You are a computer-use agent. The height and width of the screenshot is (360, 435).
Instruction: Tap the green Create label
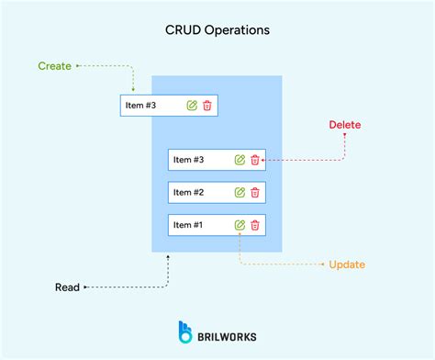(x=54, y=66)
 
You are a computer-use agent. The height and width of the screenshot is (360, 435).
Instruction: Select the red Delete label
(x=345, y=125)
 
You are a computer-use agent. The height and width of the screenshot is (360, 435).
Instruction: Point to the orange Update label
(x=347, y=264)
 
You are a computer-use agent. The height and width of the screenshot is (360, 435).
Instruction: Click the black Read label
(x=67, y=287)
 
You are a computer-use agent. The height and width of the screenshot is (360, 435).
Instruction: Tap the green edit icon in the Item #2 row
(x=240, y=193)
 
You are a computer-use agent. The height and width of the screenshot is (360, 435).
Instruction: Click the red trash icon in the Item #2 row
(x=255, y=193)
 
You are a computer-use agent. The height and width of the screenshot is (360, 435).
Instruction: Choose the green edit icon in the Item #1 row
(x=240, y=225)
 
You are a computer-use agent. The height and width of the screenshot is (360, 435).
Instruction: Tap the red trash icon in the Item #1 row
(x=255, y=225)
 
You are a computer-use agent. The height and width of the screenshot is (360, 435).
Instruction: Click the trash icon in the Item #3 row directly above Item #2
(x=255, y=160)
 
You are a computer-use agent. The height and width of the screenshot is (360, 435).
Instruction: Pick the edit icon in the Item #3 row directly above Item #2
(x=240, y=160)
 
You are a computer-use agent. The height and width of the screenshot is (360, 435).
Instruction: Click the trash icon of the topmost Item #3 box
(x=207, y=106)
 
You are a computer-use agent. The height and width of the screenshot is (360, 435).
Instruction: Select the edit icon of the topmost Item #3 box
(x=192, y=106)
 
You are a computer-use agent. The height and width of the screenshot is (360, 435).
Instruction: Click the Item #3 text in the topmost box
(x=140, y=106)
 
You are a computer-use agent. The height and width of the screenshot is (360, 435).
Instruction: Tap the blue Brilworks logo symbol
(x=184, y=332)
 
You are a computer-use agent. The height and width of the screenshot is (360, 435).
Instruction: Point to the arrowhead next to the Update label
(x=322, y=264)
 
